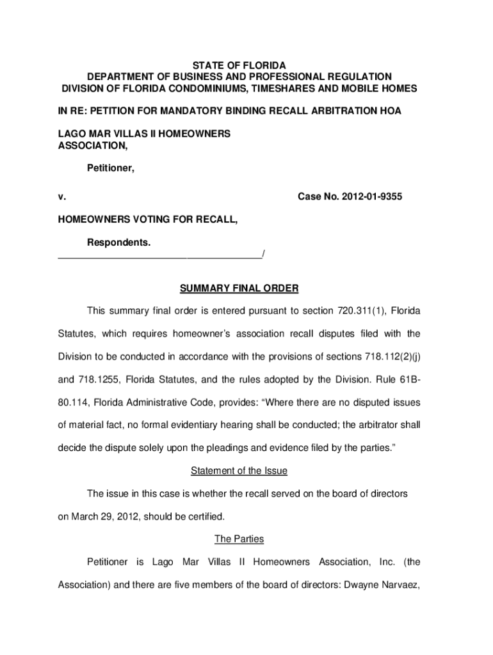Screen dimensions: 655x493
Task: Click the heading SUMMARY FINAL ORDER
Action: [x=239, y=288]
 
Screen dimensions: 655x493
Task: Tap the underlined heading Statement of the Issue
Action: [x=239, y=471]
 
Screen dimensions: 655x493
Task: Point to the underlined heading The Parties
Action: [x=239, y=539]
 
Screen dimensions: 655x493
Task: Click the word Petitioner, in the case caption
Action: [x=110, y=169]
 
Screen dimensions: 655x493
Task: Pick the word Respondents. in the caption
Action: [x=118, y=243]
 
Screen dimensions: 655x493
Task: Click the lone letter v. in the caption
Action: [x=61, y=198]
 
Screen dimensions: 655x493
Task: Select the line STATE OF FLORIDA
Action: [x=239, y=65]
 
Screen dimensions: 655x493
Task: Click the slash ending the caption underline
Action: [x=263, y=255]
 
